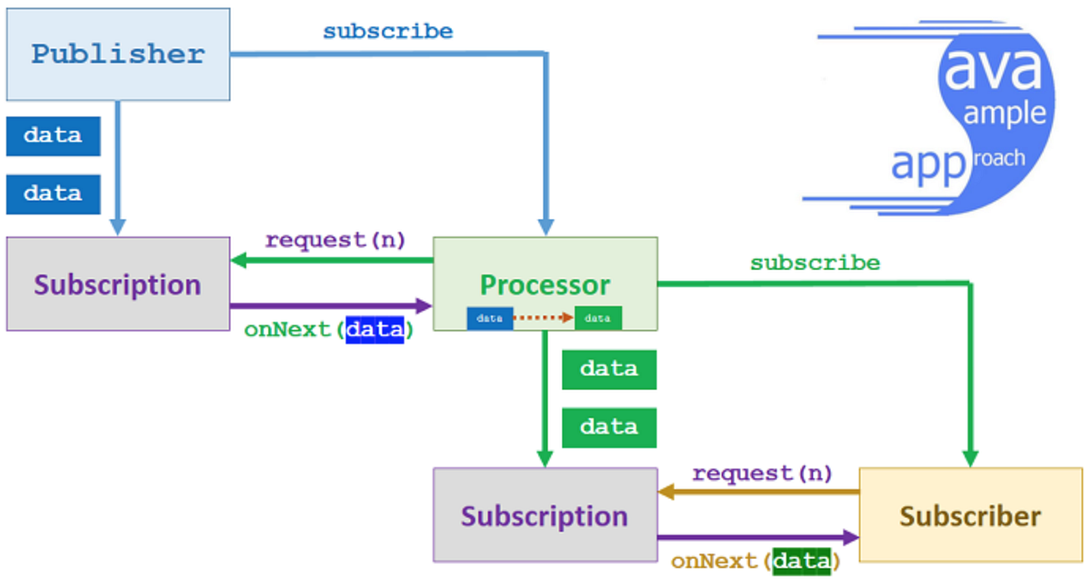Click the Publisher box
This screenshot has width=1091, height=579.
click(118, 55)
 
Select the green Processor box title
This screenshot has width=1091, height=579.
click(545, 285)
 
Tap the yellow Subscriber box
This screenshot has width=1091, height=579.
click(970, 515)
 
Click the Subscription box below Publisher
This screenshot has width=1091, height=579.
click(118, 285)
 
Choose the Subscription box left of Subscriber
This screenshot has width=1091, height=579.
click(545, 515)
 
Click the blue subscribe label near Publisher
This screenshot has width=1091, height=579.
click(388, 32)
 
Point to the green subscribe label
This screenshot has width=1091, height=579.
click(815, 264)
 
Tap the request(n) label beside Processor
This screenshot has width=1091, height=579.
click(335, 241)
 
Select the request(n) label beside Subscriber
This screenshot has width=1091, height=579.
click(762, 474)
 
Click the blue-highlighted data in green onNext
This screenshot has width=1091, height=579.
click(374, 330)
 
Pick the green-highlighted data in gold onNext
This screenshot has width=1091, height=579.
click(801, 562)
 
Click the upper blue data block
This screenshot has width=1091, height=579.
click(53, 136)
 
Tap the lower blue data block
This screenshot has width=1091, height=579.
click(53, 194)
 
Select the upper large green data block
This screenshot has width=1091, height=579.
click(609, 370)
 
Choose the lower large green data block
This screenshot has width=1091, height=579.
click(609, 427)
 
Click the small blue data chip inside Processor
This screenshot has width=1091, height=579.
click(490, 318)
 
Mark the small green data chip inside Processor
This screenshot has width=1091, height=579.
click(598, 318)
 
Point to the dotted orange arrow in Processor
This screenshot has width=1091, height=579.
click(544, 318)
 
